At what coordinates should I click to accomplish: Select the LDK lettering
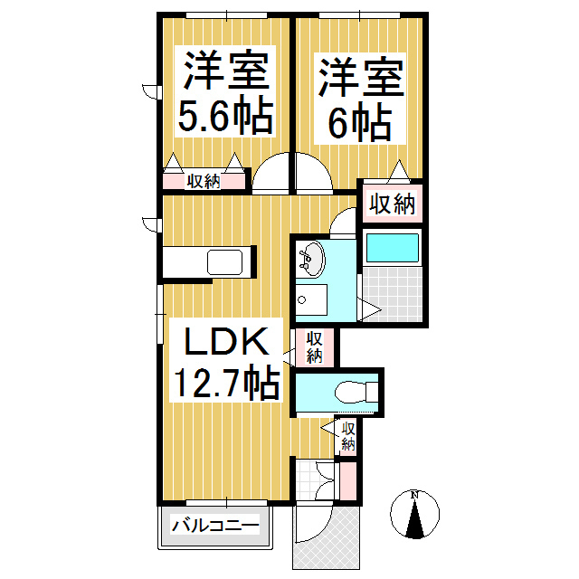tap(225, 344)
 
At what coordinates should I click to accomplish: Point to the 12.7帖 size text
tap(225, 384)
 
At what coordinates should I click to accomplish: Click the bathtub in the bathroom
tap(391, 249)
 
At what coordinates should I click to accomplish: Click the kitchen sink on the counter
tap(225, 263)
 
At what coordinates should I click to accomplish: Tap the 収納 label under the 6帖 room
tap(392, 204)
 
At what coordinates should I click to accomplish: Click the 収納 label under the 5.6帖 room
tap(204, 181)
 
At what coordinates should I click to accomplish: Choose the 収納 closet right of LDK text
tap(314, 347)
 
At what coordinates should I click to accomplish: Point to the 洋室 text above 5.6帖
tap(225, 70)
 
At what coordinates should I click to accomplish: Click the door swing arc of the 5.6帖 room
tap(271, 175)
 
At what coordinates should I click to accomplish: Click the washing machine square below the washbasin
tap(314, 299)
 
